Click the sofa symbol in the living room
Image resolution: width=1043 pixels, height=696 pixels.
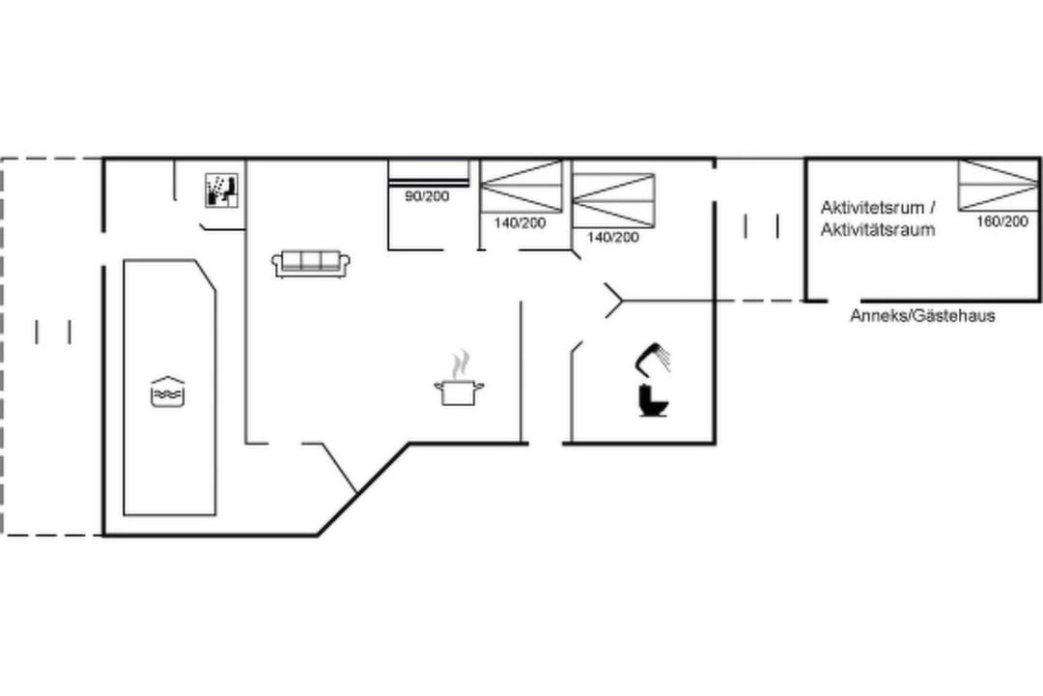(x=311, y=263)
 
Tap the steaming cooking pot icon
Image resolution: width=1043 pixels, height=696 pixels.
(x=459, y=379)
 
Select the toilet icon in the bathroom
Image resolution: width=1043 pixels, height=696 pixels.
(x=653, y=400)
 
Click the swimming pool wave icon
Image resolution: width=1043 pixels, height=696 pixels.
(x=168, y=391)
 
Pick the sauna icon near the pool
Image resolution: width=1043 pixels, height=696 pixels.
(x=221, y=190)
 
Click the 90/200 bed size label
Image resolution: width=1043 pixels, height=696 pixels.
(x=427, y=196)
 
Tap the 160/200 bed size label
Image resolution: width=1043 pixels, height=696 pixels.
(x=1001, y=221)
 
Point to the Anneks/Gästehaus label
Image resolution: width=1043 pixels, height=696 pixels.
(x=922, y=316)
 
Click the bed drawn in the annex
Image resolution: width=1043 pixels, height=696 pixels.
(x=998, y=186)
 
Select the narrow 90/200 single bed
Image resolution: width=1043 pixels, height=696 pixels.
(x=429, y=172)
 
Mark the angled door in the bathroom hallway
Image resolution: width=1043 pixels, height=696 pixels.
(x=613, y=301)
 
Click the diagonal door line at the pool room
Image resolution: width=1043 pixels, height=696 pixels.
(x=339, y=468)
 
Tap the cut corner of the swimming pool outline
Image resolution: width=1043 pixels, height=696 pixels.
(x=206, y=275)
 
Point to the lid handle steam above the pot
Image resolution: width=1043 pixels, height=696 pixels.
(x=459, y=365)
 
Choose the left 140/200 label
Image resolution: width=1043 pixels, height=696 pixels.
(x=520, y=223)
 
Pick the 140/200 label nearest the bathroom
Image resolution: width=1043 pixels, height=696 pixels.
(x=612, y=237)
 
